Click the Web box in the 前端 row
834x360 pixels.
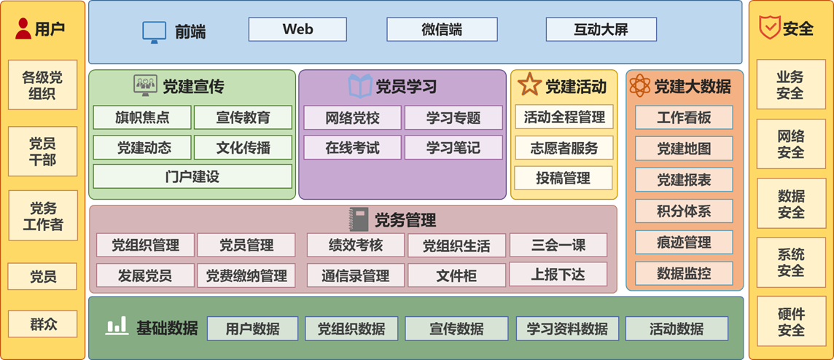pyautogui.click(x=297, y=29)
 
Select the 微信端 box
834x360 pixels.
pyautogui.click(x=442, y=29)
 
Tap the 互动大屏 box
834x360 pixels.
pyautogui.click(x=601, y=29)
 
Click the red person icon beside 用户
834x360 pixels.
pyautogui.click(x=23, y=28)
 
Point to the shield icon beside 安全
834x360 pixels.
pyautogui.click(x=769, y=28)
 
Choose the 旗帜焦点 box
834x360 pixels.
pyautogui.click(x=142, y=117)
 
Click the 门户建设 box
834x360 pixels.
pyautogui.click(x=192, y=176)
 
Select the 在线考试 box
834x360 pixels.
pyautogui.click(x=352, y=147)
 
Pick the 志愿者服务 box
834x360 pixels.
pyautogui.click(x=564, y=148)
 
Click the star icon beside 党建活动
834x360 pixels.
pyautogui.click(x=529, y=85)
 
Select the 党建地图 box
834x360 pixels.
pyautogui.click(x=684, y=149)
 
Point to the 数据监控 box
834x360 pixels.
pyautogui.click(x=684, y=273)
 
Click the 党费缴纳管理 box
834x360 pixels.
pyautogui.click(x=246, y=275)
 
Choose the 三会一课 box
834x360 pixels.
pyautogui.click(x=558, y=245)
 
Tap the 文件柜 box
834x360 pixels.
pyautogui.click(x=456, y=275)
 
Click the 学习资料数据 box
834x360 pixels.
pyautogui.click(x=567, y=329)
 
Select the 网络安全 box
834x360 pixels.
pyautogui.click(x=791, y=144)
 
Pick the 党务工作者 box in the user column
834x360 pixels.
pyautogui.click(x=42, y=216)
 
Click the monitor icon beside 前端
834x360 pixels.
pyautogui.click(x=154, y=31)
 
